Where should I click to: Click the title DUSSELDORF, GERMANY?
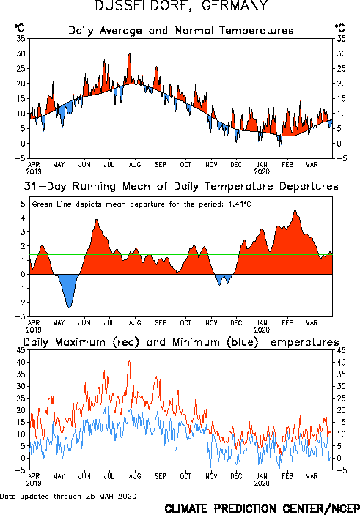181,5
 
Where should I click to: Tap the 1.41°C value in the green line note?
239,204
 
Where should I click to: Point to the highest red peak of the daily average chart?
130,54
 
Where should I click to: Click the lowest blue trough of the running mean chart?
69,307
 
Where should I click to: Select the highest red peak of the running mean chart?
295,210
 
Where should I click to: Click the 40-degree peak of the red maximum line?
129,362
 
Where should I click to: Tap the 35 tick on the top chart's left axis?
21,38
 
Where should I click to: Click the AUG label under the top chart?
135,165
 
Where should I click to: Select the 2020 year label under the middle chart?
262,330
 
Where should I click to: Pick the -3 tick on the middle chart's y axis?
21,316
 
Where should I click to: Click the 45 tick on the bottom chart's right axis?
341,350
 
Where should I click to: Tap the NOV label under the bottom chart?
211,476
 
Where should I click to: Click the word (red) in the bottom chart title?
126,342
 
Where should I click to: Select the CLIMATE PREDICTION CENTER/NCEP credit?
262,508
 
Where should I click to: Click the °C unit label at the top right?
340,28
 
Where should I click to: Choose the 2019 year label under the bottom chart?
34,483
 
